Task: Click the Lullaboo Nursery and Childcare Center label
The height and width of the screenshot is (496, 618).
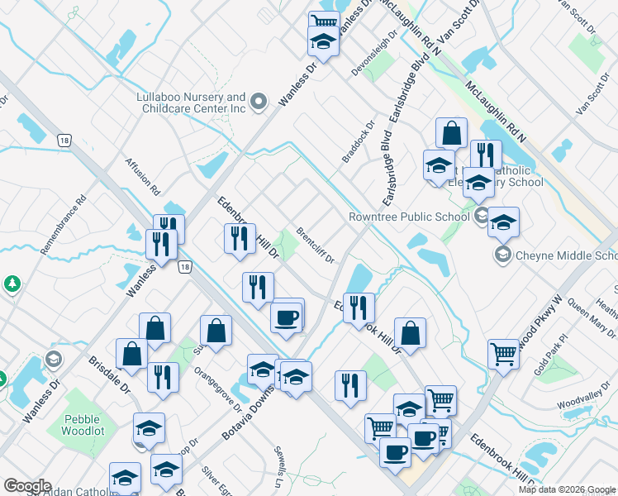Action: [191, 103]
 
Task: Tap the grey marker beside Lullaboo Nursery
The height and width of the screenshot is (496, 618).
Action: [259, 103]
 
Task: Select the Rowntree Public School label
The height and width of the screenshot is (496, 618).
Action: [408, 217]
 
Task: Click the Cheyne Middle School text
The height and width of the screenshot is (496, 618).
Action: [565, 255]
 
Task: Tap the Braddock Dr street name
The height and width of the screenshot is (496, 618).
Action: [359, 142]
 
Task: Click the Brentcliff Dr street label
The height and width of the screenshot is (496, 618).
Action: [315, 246]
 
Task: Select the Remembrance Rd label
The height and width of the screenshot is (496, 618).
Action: [63, 224]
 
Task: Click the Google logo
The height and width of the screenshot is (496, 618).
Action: [26, 485]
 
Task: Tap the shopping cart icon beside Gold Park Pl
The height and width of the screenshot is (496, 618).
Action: [502, 353]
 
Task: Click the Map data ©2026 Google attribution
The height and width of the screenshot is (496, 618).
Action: [566, 489]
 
